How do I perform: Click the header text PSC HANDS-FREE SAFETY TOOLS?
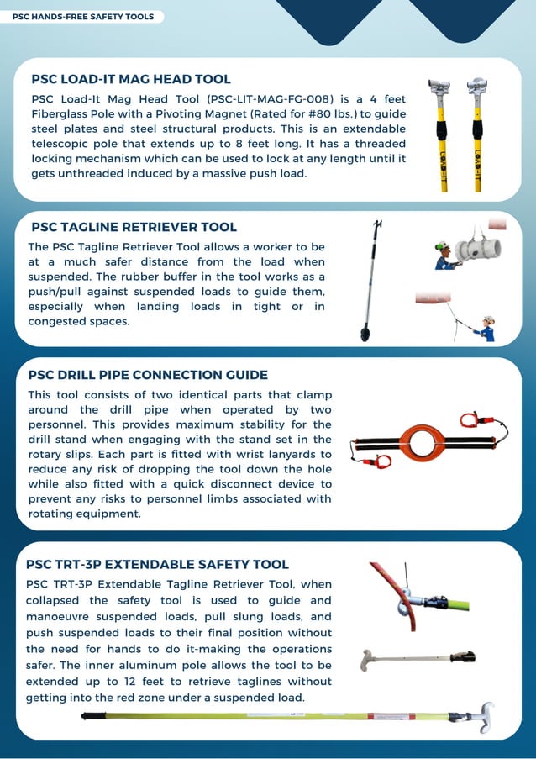(83, 17)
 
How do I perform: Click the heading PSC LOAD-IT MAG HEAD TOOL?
(131, 80)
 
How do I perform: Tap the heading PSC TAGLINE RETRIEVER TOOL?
(134, 227)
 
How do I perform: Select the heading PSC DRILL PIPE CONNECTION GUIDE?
(148, 375)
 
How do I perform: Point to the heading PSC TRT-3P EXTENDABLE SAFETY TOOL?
(157, 565)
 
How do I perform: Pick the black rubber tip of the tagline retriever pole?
(365, 334)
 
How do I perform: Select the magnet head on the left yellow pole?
(439, 87)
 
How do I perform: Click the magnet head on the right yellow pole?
(476, 87)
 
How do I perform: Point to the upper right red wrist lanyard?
(470, 419)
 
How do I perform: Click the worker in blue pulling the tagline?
(485, 328)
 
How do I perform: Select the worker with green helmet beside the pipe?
(443, 255)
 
